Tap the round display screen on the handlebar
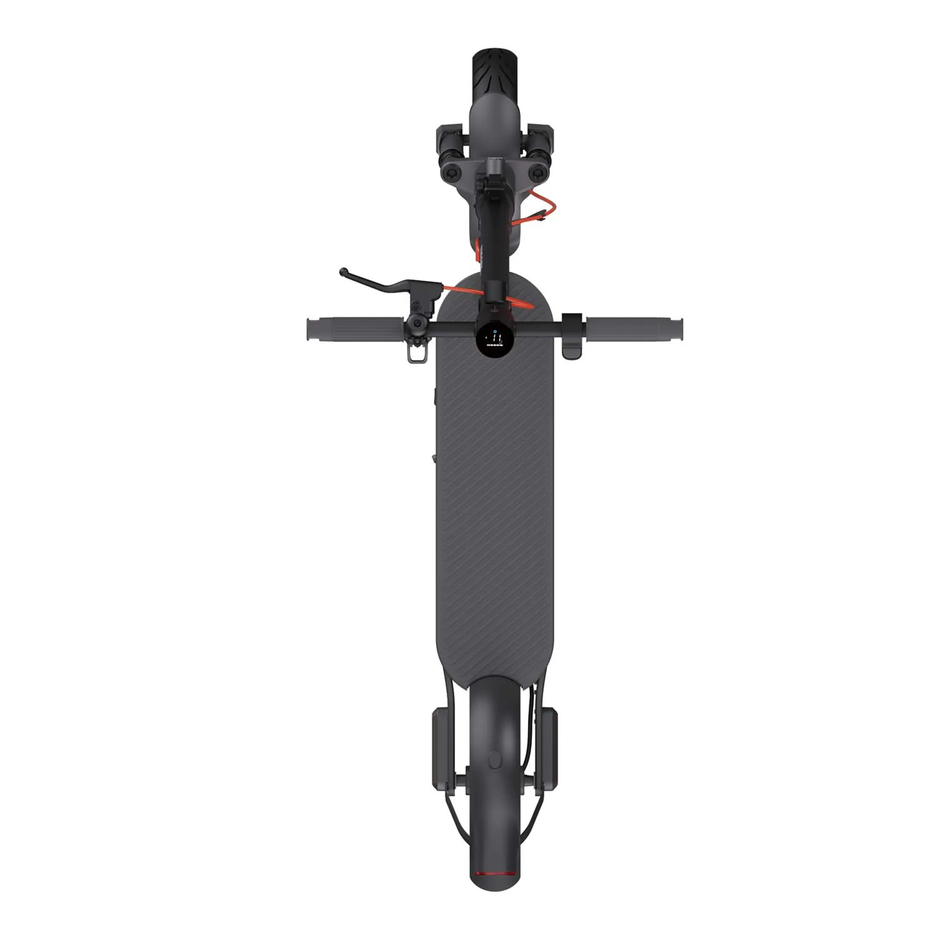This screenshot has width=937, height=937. [x=495, y=340]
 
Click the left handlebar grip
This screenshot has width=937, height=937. [x=354, y=329]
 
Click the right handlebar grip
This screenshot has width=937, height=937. [x=633, y=329]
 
